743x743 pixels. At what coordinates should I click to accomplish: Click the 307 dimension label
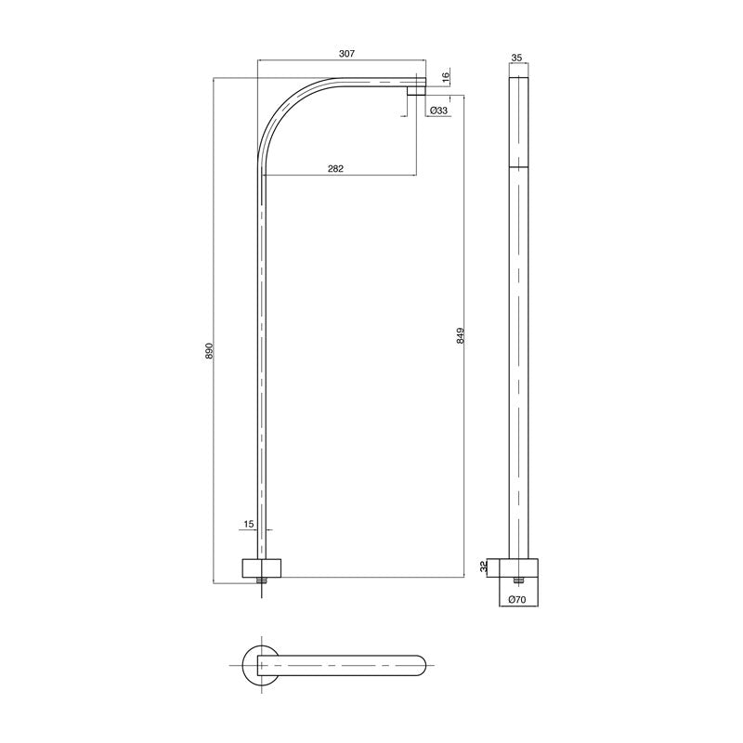click(345, 55)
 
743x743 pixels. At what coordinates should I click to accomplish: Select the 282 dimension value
click(336, 168)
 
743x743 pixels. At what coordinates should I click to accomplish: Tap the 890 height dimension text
click(209, 351)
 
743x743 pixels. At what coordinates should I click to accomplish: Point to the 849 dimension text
click(461, 336)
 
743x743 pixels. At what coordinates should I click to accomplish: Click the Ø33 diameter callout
click(439, 111)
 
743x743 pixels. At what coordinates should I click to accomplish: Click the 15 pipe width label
click(248, 525)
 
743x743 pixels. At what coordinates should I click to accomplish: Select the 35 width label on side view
click(517, 58)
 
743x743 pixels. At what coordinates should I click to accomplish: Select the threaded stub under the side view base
click(517, 580)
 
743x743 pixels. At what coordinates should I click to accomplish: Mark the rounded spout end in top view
click(420, 664)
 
